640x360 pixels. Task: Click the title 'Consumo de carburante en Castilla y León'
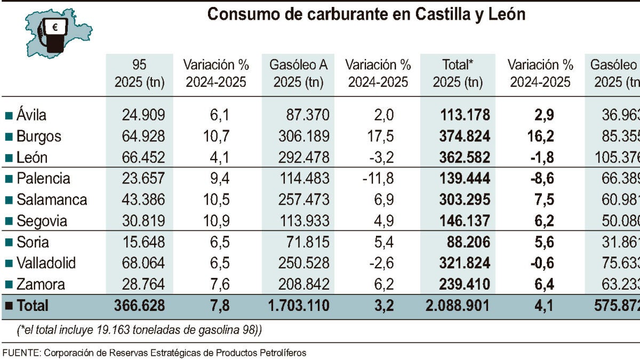click(x=366, y=14)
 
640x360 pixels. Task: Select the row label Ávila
click(x=31, y=115)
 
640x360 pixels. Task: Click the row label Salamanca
click(x=51, y=199)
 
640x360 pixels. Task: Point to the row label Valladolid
click(x=46, y=263)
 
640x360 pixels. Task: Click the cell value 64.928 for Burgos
click(x=139, y=136)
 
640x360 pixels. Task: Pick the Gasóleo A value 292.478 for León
click(x=303, y=157)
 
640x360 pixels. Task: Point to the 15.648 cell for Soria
click(x=139, y=242)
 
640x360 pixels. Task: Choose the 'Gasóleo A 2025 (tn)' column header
click(x=298, y=74)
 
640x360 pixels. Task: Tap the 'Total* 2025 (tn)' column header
click(x=458, y=74)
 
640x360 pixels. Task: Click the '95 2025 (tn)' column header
click(x=139, y=74)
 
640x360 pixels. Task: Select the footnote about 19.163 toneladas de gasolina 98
click(x=139, y=331)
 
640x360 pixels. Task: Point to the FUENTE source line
click(x=155, y=353)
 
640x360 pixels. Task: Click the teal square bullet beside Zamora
click(x=9, y=285)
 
